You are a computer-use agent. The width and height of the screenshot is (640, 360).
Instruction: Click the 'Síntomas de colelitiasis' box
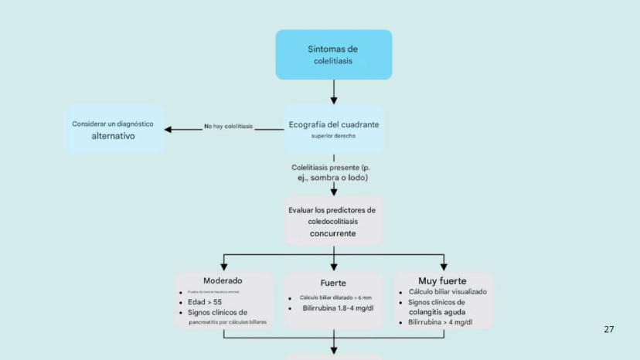coord(334,55)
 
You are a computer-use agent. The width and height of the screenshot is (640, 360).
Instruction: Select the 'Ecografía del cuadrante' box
coord(334,129)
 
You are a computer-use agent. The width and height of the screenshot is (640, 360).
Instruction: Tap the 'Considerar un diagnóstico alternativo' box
coord(113,129)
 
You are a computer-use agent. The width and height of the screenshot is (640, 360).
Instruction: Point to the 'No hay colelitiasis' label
coord(228,127)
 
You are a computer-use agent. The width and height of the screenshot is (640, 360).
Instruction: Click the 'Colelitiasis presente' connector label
coord(334,172)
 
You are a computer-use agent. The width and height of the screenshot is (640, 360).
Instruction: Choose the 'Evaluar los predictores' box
coord(332,221)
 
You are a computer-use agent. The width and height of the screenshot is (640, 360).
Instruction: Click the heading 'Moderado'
coord(223,280)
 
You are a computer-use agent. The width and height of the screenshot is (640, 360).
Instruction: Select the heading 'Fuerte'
coord(333,283)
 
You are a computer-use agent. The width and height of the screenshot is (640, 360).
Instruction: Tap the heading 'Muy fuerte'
coord(442,280)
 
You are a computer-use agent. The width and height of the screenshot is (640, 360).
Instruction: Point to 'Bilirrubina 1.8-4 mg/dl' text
coord(338,308)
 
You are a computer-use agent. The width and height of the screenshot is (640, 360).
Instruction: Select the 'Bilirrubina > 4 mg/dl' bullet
coord(441,322)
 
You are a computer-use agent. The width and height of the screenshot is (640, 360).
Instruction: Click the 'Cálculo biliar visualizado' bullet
coord(448,292)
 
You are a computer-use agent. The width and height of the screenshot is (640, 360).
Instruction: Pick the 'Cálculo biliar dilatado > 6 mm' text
coord(335,297)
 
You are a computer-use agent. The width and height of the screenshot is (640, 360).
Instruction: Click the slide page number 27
coord(608,329)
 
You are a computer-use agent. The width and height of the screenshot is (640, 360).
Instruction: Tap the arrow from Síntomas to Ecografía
coord(334,92)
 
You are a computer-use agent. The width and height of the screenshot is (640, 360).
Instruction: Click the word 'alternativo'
coord(113,136)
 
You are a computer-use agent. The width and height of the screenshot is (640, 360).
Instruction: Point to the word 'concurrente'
coord(333,233)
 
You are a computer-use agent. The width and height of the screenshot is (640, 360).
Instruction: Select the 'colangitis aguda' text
coord(437,312)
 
